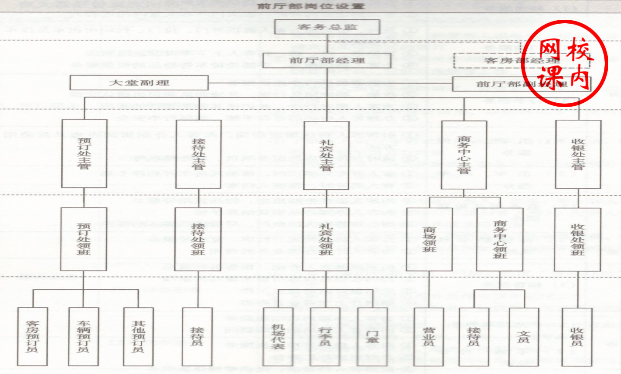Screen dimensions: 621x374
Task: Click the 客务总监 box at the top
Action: pyautogui.click(x=326, y=27)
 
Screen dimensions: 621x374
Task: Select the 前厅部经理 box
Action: pyautogui.click(x=326, y=61)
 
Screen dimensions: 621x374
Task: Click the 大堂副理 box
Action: pyautogui.click(x=139, y=83)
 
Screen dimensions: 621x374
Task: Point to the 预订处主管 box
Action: pyautogui.click(x=84, y=154)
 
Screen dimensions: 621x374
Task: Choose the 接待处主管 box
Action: pyautogui.click(x=198, y=155)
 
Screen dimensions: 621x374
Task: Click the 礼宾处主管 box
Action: pyautogui.click(x=326, y=155)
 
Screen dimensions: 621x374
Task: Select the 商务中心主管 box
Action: pyautogui.click(x=464, y=155)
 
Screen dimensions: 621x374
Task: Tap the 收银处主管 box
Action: pyautogui.click(x=578, y=155)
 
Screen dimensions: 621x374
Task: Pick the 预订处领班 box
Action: pyautogui.click(x=84, y=239)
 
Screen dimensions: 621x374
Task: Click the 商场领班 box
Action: pyautogui.click(x=429, y=239)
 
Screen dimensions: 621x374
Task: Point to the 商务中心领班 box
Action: pyautogui.click(x=499, y=239)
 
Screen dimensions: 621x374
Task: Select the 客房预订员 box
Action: pyautogui.click(x=32, y=336)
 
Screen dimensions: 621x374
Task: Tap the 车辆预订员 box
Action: pyautogui.click(x=83, y=336)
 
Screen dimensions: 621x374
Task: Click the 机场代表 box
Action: pyautogui.click(x=278, y=336)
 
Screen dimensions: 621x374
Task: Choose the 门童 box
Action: pyautogui.click(x=372, y=336)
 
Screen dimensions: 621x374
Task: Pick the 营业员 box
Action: pyautogui.click(x=429, y=336)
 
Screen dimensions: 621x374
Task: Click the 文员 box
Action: pyautogui.click(x=524, y=336)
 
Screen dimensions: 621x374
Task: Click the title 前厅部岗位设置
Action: pyautogui.click(x=311, y=6)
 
